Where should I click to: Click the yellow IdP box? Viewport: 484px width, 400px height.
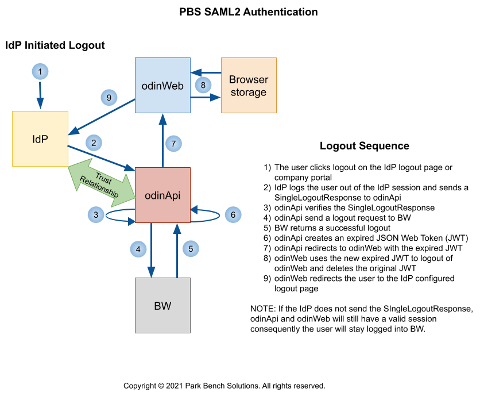point(40,139)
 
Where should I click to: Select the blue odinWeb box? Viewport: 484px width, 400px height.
point(162,85)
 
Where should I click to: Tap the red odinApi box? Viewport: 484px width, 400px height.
point(162,195)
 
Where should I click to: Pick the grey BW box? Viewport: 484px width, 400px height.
point(162,305)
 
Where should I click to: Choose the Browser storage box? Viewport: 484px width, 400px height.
point(249,85)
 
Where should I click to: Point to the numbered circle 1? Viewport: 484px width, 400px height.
point(40,72)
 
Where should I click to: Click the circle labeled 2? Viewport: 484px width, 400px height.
point(94,141)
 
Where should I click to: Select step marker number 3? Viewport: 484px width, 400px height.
point(96,215)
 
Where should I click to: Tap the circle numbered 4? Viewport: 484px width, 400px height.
point(138,249)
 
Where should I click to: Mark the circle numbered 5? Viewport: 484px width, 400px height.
point(191,249)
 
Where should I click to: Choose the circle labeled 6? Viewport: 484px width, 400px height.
point(233,215)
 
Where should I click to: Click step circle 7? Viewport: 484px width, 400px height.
point(174,143)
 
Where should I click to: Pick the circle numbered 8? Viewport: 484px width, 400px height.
point(203,86)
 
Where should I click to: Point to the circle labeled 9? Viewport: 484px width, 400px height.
point(109,97)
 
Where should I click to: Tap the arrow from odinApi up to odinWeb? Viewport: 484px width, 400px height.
point(162,141)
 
